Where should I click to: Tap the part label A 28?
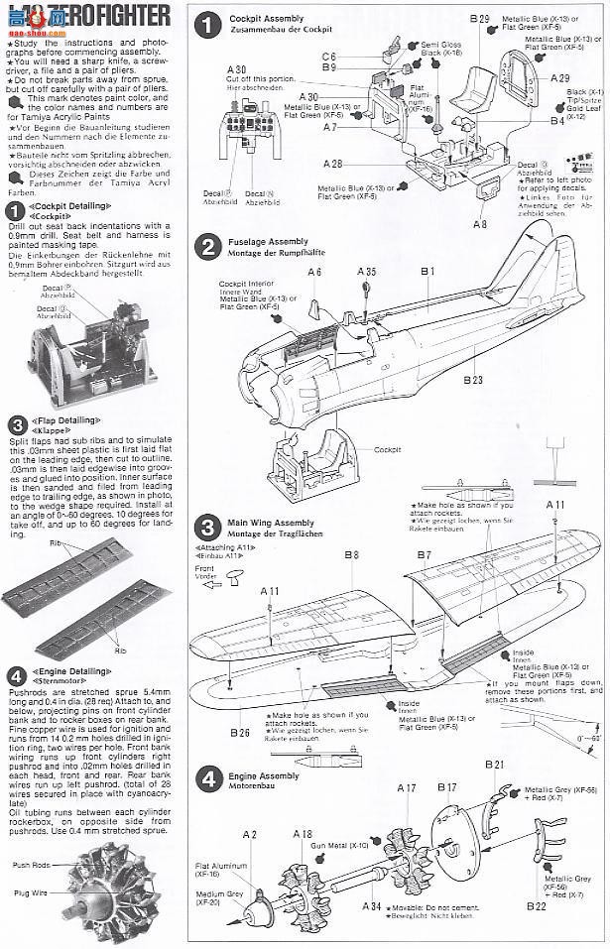point(333,164)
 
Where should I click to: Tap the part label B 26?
point(239,733)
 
